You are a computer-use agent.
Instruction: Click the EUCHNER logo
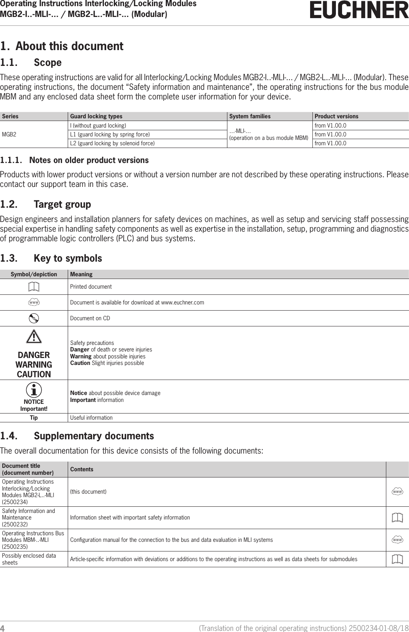pyautogui.click(x=359, y=10)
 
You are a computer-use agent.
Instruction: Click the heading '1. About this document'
pyautogui.click(x=62, y=46)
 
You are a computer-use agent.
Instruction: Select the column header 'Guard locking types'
pyautogui.click(x=96, y=116)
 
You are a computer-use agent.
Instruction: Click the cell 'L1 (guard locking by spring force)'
pyautogui.click(x=110, y=134)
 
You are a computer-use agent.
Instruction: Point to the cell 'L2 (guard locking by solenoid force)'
pyautogui.click(x=112, y=143)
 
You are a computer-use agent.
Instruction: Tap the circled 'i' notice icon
pyautogui.click(x=34, y=390)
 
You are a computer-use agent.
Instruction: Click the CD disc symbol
pyautogui.click(x=34, y=318)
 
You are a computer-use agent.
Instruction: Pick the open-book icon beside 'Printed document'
pyautogui.click(x=34, y=287)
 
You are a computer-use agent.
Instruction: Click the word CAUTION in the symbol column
pyautogui.click(x=34, y=374)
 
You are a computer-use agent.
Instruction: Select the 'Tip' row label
pyautogui.click(x=34, y=418)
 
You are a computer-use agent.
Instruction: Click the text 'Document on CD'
pyautogui.click(x=90, y=318)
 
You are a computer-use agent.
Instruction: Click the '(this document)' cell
pyautogui.click(x=88, y=492)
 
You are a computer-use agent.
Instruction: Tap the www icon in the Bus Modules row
pyautogui.click(x=397, y=540)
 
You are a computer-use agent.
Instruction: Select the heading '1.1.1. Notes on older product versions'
pyautogui.click(x=74, y=160)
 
